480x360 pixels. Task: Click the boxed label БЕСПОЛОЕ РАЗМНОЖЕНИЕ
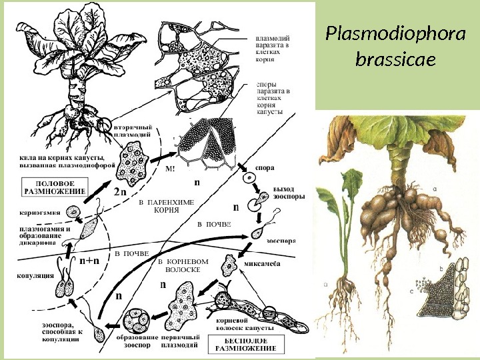pos(249,345)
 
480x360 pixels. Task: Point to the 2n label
pos(120,192)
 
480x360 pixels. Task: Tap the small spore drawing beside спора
pos(249,179)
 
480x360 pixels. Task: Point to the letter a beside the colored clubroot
pos(434,188)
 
